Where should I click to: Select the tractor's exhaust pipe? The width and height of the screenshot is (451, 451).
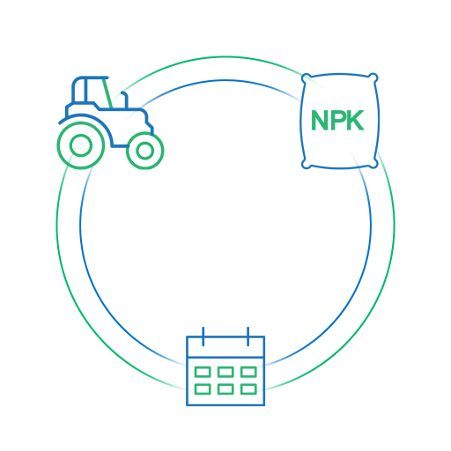tap(125, 100)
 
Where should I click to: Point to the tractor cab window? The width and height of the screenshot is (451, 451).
tap(94, 91)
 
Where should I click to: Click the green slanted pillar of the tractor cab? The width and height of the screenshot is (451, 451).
tap(107, 92)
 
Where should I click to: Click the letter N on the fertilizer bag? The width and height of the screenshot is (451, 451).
tap(321, 120)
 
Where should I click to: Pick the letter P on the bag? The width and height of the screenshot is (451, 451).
tap(337, 120)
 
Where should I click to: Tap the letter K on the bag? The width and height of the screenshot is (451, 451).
tap(356, 120)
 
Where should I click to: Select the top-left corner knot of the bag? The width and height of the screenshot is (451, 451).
tap(306, 78)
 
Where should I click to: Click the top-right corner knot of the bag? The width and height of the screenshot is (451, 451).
tap(373, 78)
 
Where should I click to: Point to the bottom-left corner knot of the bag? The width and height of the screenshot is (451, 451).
tap(306, 164)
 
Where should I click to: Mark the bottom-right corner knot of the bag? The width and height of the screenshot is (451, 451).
tap(373, 164)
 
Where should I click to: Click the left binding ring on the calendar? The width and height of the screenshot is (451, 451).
tap(203, 336)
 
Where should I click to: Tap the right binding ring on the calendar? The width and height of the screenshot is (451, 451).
tap(248, 336)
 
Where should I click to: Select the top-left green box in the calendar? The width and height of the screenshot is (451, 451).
tap(203, 372)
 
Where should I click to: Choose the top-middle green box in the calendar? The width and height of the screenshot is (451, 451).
tap(225, 372)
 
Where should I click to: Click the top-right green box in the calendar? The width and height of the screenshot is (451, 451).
tap(248, 372)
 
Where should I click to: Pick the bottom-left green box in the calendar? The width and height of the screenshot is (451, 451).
tap(203, 389)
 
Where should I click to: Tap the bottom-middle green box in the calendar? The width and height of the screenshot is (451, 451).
tap(225, 389)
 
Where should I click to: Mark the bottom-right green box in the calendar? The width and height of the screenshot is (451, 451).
tap(248, 389)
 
